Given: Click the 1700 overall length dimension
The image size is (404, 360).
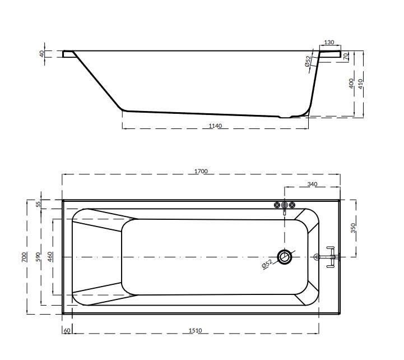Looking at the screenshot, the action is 201,171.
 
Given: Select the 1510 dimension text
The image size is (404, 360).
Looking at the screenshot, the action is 196,330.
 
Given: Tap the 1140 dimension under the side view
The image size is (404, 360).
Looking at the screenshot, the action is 215,126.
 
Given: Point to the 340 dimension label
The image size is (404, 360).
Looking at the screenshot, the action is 312,184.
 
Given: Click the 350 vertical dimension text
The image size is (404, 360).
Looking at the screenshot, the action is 353,228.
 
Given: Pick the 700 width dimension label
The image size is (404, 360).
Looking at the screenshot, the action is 24,257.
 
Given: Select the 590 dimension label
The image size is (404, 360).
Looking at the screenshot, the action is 38,257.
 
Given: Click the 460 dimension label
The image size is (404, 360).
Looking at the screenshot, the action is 50,257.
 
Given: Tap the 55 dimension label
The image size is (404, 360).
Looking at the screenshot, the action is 38,204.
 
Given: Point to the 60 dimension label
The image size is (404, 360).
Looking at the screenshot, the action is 67,330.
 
